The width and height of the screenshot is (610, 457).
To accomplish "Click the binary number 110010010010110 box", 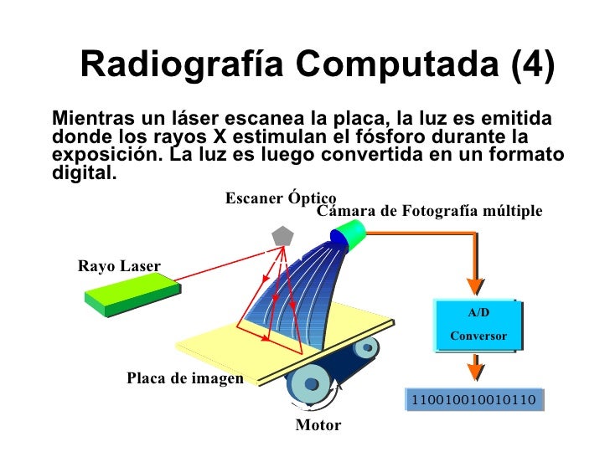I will (x=473, y=400).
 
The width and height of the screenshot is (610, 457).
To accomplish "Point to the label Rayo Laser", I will (x=119, y=267).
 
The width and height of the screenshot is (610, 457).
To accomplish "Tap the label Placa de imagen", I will (x=184, y=378).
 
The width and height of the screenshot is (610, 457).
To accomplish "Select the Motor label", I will (x=318, y=425).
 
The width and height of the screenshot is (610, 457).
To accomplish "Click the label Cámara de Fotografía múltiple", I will (x=430, y=212).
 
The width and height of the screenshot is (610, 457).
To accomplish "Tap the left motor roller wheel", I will (x=311, y=383).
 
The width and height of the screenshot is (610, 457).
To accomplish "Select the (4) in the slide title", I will (x=530, y=64).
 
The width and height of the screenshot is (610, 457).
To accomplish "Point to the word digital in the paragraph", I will (x=80, y=174).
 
